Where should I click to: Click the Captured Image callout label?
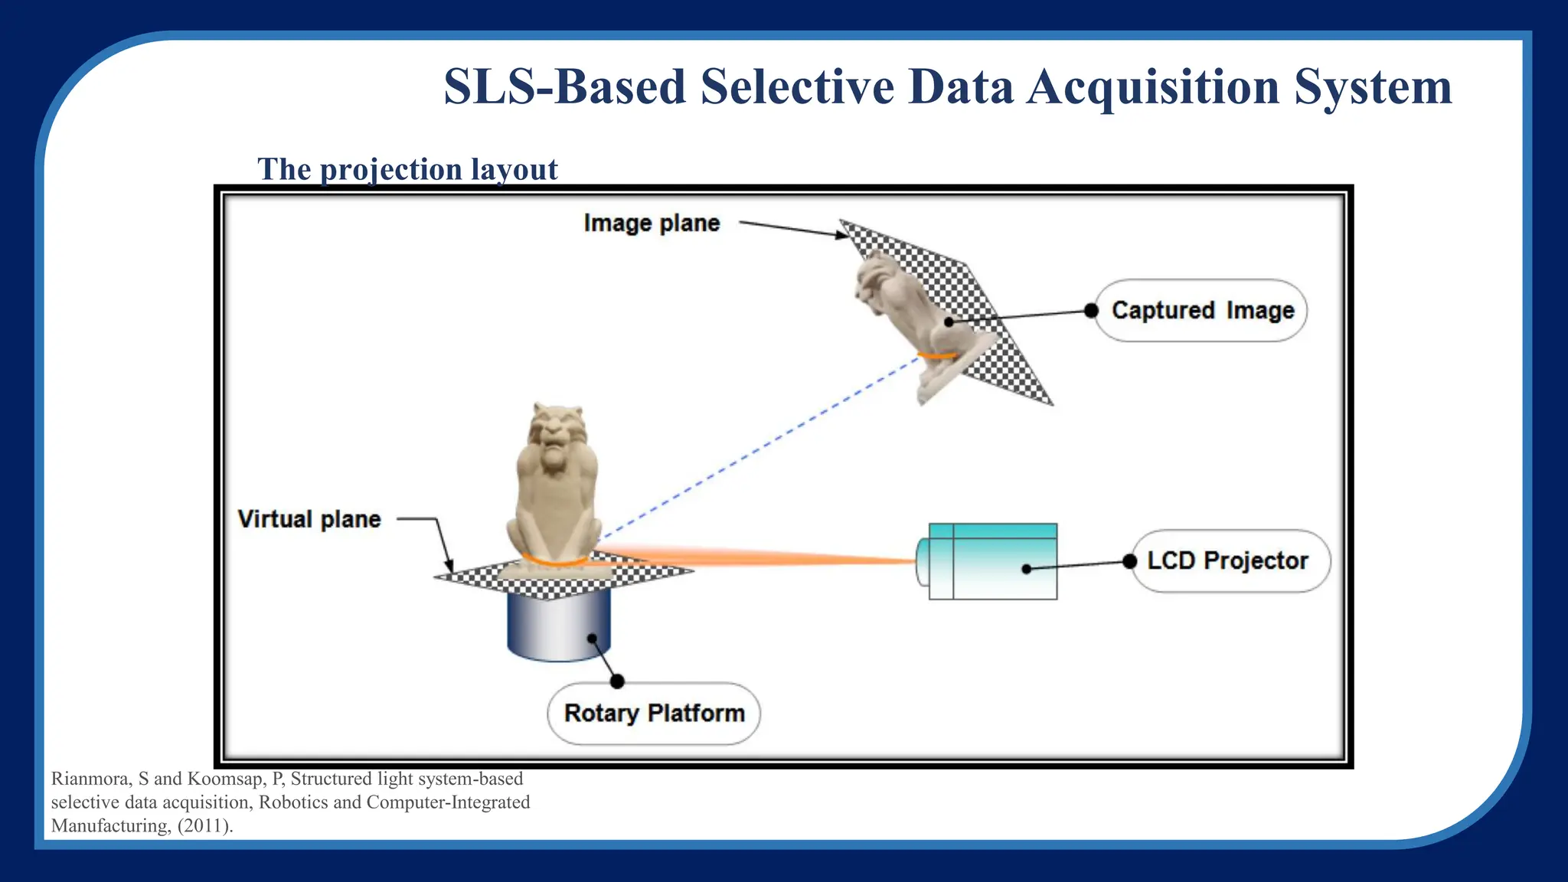tap(1201, 310)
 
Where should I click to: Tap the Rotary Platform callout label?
tap(654, 713)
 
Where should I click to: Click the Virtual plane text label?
tap(309, 519)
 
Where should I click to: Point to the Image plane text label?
tap(652, 223)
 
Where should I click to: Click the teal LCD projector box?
tap(993, 561)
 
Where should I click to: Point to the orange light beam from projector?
tap(766, 557)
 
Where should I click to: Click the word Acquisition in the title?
tap(1152, 87)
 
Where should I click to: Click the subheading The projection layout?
tap(407, 169)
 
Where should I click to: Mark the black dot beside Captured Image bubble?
tap(1092, 310)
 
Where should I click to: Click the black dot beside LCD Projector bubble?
tap(1129, 561)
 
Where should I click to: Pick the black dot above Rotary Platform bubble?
tap(617, 681)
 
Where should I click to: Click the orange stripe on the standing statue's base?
tap(556, 562)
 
